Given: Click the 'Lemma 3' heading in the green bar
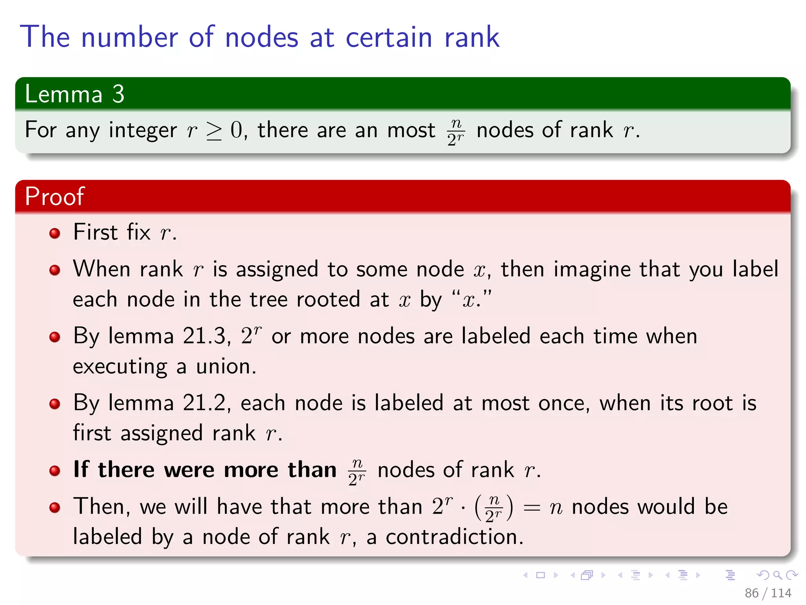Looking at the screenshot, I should (74, 94).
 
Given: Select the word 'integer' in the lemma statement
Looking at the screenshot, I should (142, 130).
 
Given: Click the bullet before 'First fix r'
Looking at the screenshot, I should (55, 233).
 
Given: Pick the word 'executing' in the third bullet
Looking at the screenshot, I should (120, 367).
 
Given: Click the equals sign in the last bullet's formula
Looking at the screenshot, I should (531, 507).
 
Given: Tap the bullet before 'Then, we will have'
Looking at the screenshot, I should (55, 507).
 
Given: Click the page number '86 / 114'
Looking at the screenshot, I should (767, 593).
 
